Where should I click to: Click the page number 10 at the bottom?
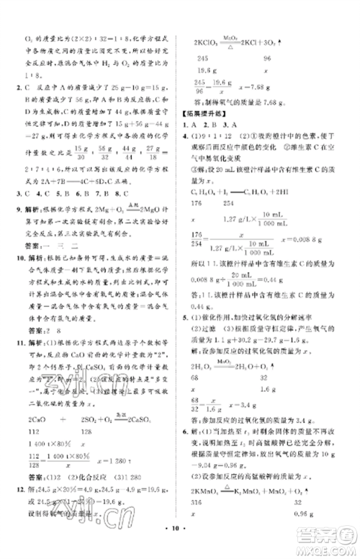179,539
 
